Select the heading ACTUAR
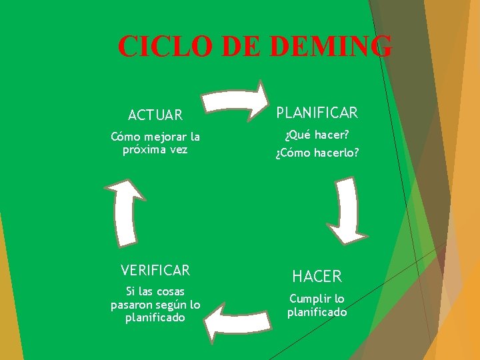155,115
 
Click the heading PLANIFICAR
317,113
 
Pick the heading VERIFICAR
155,270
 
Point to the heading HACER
317,276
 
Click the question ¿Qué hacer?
317,135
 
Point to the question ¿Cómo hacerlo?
317,153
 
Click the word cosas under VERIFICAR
169,291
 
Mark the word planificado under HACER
317,312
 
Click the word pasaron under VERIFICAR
133,305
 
